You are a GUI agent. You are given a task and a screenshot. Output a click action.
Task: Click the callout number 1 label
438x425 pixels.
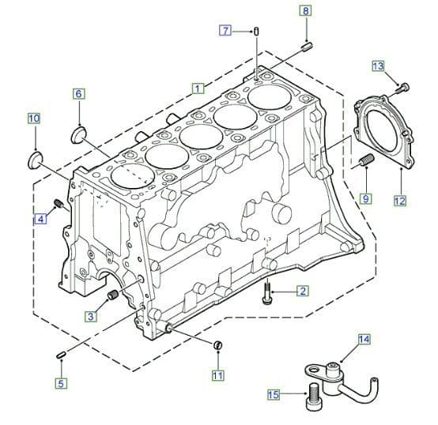click(198, 88)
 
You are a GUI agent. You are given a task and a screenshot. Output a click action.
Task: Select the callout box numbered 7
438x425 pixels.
click(225, 31)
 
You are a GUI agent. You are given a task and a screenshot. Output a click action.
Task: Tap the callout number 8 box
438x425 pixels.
click(306, 11)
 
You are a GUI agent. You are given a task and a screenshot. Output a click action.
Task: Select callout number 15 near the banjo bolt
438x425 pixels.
click(274, 395)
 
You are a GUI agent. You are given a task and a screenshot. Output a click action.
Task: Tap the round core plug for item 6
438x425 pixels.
click(81, 132)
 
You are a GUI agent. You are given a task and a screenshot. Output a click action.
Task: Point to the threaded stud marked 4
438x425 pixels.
click(59, 207)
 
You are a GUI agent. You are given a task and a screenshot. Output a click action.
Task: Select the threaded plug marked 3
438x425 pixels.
click(111, 295)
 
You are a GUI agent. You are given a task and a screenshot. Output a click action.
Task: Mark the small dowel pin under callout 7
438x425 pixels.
click(258, 31)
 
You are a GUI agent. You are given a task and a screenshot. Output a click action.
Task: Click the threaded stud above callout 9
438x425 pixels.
click(366, 164)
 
